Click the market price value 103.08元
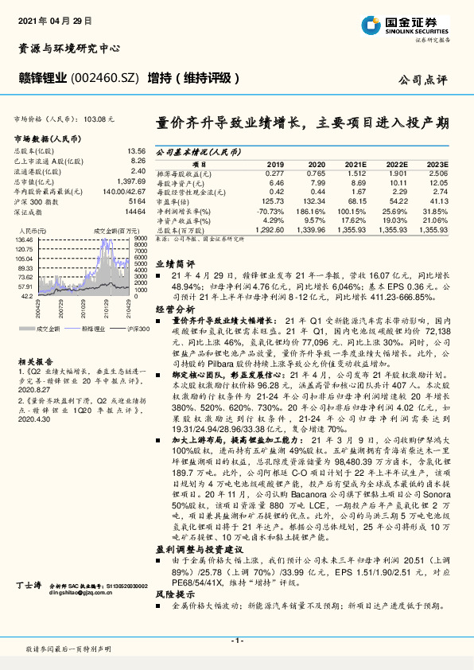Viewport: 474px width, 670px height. (99, 118)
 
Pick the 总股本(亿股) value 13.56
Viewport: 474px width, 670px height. (136, 150)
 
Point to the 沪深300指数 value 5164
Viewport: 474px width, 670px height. (136, 203)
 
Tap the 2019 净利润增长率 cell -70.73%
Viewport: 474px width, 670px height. (270, 211)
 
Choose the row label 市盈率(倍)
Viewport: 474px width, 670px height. (177, 202)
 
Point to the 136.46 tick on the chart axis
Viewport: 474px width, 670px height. (23, 238)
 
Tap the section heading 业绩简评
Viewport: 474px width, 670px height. (174, 262)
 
